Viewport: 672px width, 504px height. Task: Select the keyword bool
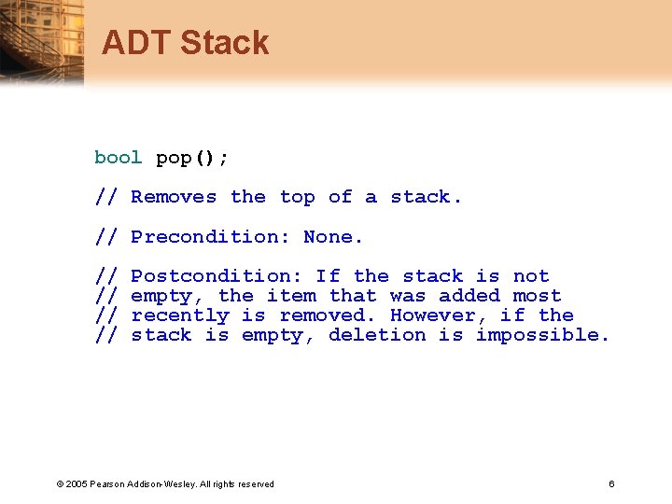click(118, 158)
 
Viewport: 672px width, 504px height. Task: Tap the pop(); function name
click(191, 158)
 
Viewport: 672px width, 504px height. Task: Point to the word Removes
click(174, 197)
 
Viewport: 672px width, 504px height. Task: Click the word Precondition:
click(210, 237)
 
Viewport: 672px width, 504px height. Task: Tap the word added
click(469, 296)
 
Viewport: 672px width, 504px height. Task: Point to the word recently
click(180, 315)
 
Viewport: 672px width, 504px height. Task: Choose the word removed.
click(328, 315)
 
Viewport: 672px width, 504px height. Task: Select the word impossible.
click(542, 335)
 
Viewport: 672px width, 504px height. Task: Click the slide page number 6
click(611, 483)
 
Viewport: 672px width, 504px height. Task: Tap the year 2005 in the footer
click(76, 483)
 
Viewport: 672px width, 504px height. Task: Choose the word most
click(537, 296)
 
